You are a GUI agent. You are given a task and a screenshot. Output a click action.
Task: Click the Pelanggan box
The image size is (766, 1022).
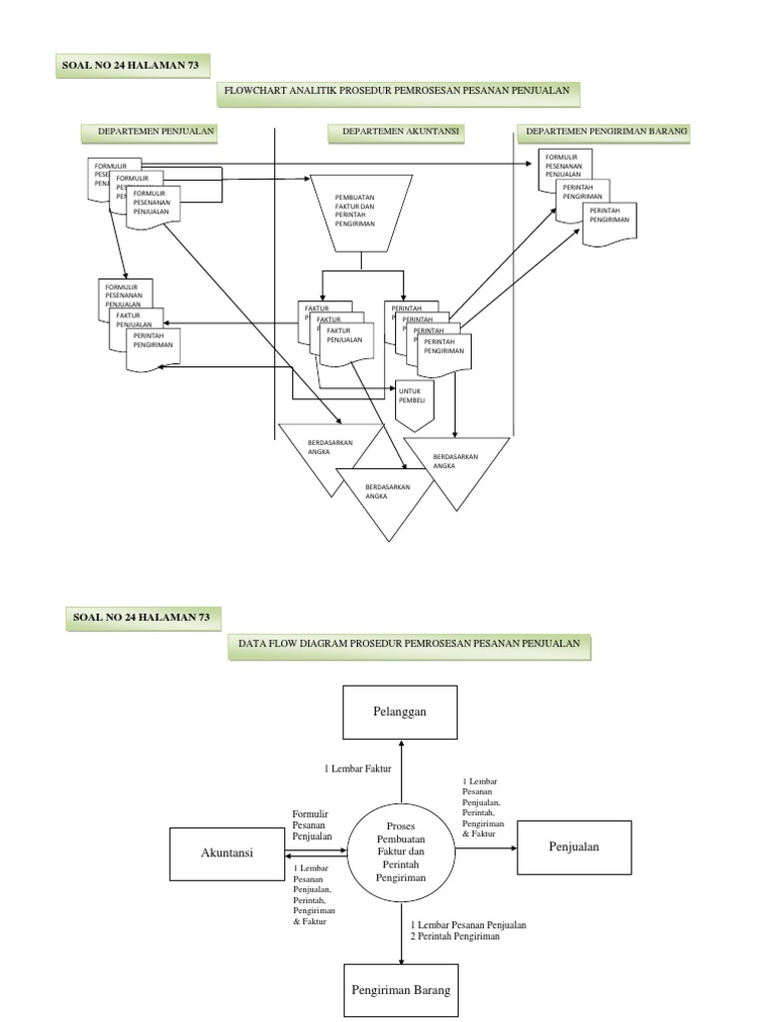click(x=400, y=713)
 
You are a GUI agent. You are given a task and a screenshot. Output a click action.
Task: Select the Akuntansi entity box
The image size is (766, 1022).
click(x=227, y=853)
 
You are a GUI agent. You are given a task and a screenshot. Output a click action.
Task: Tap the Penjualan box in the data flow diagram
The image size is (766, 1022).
click(x=574, y=847)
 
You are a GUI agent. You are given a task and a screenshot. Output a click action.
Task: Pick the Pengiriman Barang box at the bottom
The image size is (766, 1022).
click(x=401, y=990)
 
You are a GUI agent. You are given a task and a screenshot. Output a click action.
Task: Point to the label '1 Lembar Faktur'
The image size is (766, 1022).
click(x=357, y=768)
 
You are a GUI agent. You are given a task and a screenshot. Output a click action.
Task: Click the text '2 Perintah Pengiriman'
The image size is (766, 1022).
click(x=455, y=937)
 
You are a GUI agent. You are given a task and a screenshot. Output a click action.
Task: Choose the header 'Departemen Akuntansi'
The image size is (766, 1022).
click(x=396, y=132)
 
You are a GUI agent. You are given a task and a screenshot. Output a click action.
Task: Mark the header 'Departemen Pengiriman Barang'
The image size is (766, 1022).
click(x=607, y=132)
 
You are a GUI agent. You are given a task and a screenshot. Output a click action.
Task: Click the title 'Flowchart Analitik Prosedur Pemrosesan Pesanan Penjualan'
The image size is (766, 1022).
click(x=397, y=93)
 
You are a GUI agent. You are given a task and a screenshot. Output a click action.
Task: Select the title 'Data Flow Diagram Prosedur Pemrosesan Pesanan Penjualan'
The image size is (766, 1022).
click(x=409, y=645)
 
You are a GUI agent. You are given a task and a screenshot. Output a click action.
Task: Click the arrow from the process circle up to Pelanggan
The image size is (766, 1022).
click(x=401, y=773)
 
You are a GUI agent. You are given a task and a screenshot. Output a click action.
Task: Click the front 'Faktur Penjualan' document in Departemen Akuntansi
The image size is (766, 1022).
click(x=346, y=345)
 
